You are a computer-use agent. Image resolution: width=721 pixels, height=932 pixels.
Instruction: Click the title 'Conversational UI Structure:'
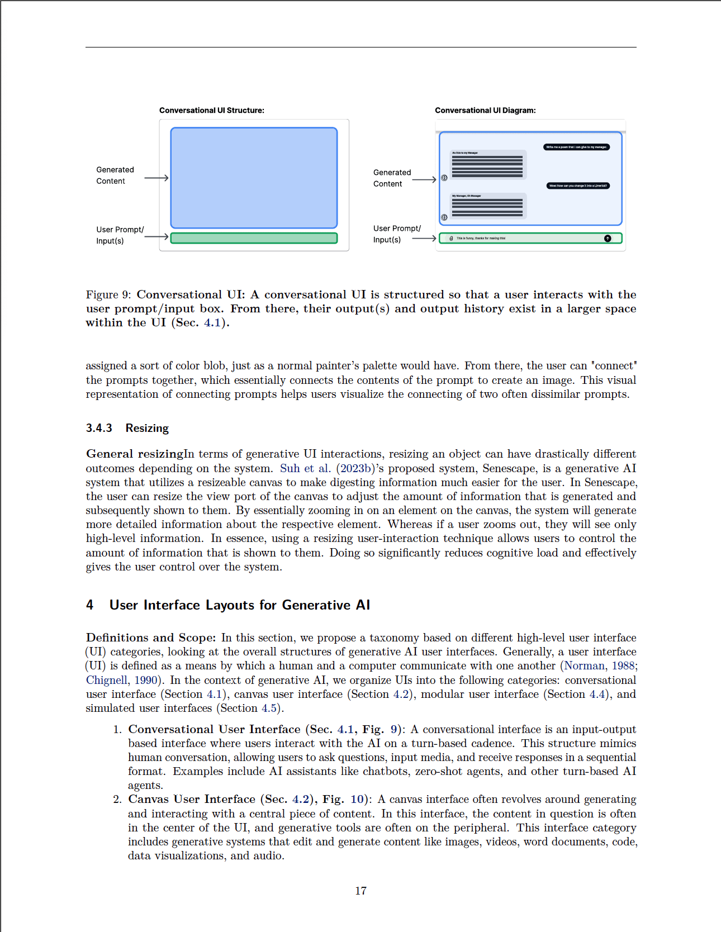[x=211, y=111]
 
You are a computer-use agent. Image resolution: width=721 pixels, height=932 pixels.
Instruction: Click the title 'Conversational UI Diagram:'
[x=485, y=111]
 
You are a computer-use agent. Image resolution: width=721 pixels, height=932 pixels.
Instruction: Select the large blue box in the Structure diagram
[x=254, y=178]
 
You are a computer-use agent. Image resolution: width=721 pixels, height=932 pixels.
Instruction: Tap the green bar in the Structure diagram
[x=254, y=238]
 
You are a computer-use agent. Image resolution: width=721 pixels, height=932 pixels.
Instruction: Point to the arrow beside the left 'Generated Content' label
[x=156, y=178]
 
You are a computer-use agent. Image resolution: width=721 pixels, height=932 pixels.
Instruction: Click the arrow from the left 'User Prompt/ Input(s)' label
[x=156, y=236]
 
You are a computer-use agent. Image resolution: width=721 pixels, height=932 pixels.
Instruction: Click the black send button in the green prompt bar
[x=608, y=239]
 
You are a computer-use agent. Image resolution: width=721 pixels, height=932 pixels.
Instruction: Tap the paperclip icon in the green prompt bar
[x=451, y=239]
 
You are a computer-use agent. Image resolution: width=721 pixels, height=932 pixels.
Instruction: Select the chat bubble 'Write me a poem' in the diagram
[x=576, y=147]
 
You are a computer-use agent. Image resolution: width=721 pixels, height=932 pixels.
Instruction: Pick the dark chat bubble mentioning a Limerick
[x=578, y=186]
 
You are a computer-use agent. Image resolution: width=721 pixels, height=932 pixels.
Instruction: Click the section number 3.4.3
[x=99, y=428]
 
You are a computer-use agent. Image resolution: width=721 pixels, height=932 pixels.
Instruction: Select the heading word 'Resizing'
[x=147, y=428]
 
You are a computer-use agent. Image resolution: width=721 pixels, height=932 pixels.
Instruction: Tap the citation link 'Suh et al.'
[x=305, y=469]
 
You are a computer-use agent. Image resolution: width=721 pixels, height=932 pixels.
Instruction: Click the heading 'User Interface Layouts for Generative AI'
[x=240, y=605]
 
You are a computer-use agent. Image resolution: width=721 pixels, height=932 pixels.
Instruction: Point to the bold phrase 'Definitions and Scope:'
[x=150, y=638]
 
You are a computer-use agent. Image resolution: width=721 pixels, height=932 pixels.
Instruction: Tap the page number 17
[x=360, y=891]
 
